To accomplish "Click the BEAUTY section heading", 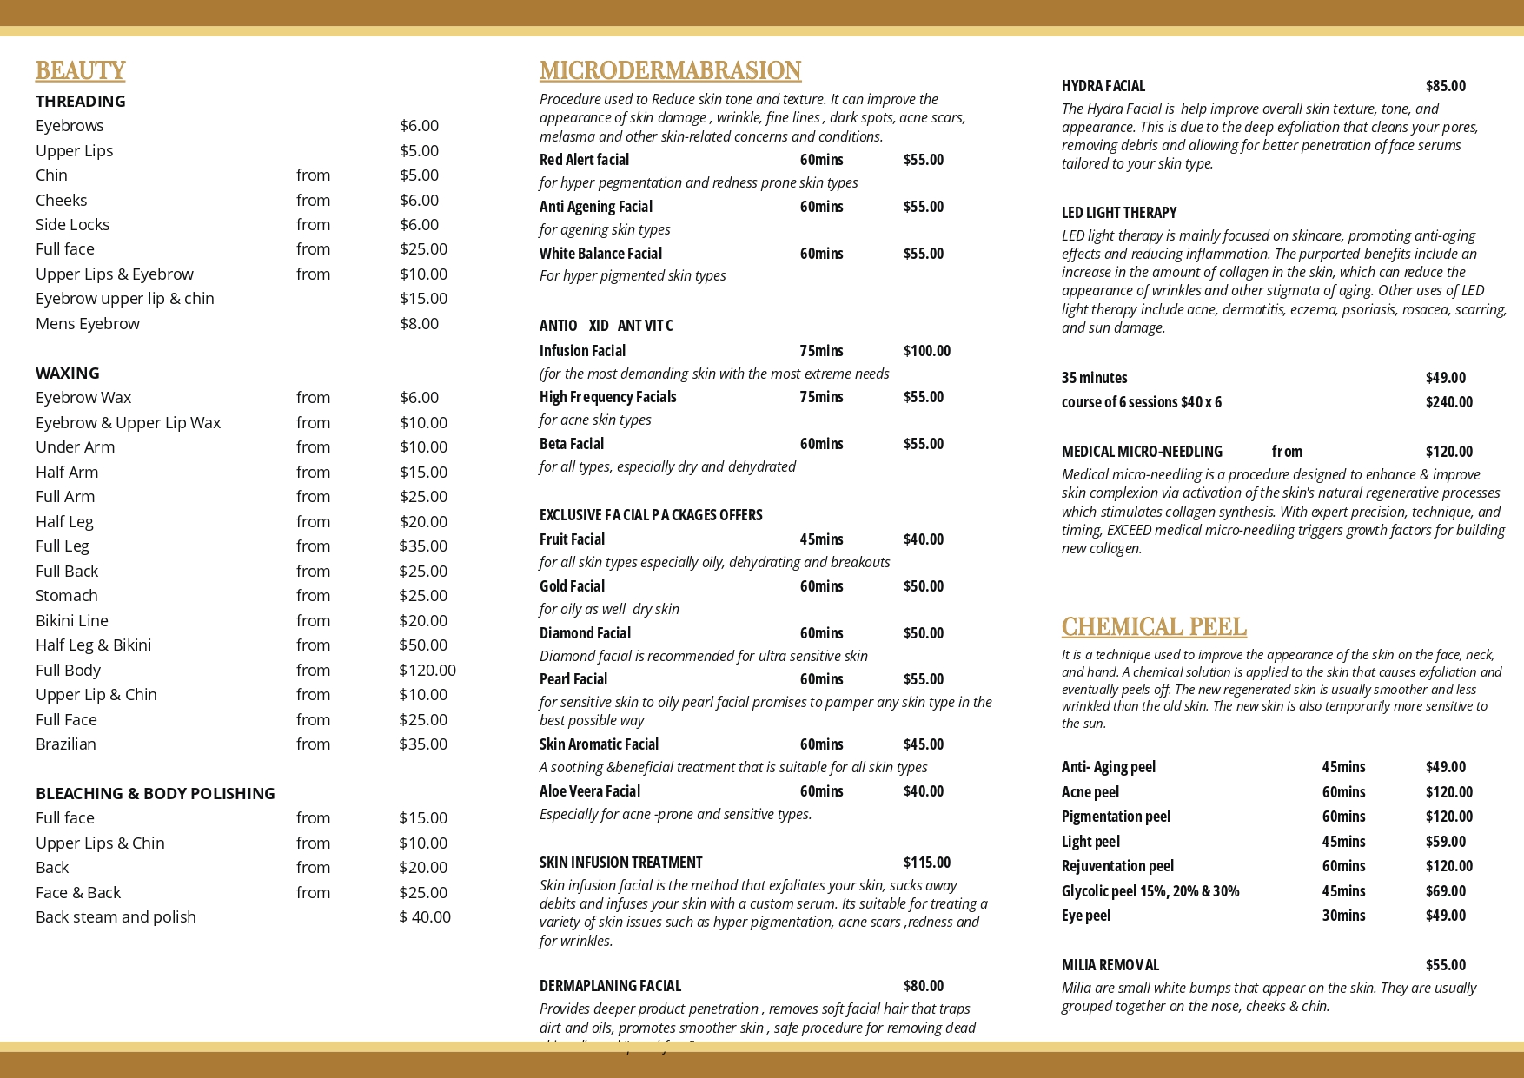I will point(80,70).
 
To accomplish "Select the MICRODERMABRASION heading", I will point(670,70).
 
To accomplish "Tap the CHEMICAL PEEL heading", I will point(1154,626).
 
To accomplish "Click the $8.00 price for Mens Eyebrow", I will point(419,323).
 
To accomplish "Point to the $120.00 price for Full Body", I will point(427,670).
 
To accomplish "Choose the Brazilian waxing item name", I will point(66,744).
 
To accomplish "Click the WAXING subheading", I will point(68,373).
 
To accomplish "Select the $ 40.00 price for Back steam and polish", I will point(425,916).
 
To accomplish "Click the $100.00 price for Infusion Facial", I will point(927,351).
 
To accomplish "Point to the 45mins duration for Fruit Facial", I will point(821,539).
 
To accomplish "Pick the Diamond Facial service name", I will point(585,633).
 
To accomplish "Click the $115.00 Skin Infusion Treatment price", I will point(927,863).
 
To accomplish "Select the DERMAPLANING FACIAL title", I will point(610,986).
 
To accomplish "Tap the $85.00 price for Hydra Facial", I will point(1445,86).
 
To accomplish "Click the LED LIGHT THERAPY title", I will point(1119,213).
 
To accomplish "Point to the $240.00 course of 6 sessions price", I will point(1448,402).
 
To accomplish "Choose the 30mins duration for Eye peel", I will point(1343,916).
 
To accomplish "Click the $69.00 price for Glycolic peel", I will point(1445,891).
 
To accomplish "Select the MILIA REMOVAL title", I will point(1110,965).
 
